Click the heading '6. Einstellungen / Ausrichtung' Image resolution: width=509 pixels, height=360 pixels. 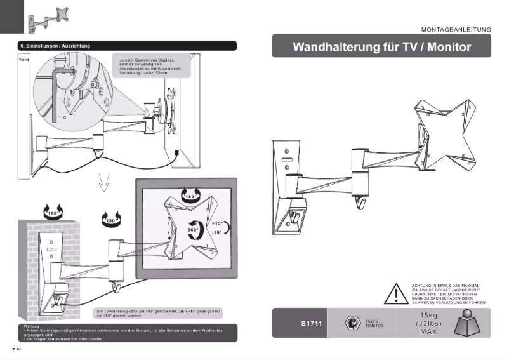coord(55,46)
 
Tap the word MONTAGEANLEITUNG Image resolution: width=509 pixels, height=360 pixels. coord(456,29)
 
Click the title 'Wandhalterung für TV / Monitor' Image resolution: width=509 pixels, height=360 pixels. coord(381,48)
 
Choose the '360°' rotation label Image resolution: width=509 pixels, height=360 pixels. coord(193,229)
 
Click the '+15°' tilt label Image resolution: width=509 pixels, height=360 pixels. coord(216,224)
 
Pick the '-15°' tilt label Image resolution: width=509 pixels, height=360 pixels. coord(216,233)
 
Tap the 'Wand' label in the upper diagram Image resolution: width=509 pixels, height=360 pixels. coord(24,59)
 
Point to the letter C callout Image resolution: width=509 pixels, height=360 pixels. coord(64,118)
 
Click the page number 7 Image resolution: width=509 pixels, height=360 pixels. coord(13,349)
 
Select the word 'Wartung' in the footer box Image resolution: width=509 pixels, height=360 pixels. coord(30,326)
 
